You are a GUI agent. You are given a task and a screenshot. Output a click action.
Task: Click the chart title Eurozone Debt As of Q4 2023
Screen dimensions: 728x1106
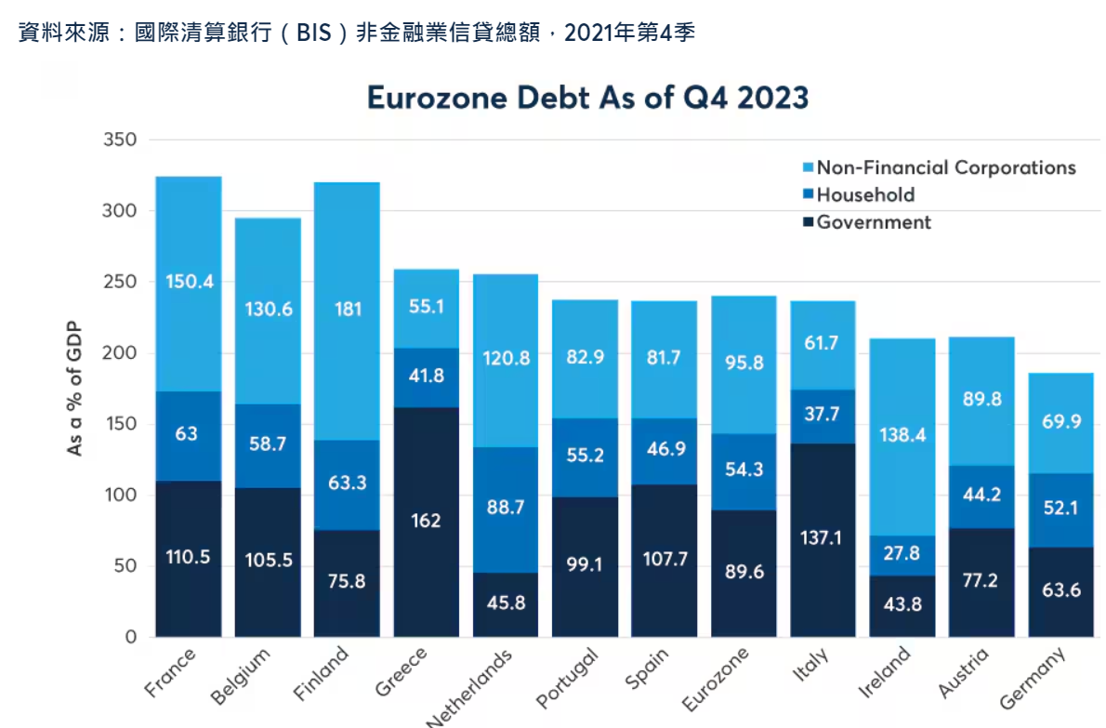coord(587,98)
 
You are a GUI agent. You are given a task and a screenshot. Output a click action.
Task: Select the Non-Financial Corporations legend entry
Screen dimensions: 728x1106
coord(945,168)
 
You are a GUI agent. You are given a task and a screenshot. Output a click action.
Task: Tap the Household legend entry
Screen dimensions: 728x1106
coord(864,195)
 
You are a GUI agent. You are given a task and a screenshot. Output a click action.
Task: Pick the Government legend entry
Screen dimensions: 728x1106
coord(873,222)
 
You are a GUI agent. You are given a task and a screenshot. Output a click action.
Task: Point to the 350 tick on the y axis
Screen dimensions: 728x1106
coord(120,140)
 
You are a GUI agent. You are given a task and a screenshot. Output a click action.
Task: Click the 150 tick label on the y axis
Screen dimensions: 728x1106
coord(120,425)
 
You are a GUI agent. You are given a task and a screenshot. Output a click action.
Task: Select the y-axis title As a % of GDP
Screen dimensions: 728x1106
coord(75,389)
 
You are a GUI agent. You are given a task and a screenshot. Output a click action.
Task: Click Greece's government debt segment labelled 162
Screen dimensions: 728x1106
coord(426,521)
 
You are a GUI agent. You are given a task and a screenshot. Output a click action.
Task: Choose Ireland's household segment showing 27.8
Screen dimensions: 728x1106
coord(902,553)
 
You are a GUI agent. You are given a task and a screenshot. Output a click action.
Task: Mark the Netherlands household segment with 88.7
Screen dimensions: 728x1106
coord(506,507)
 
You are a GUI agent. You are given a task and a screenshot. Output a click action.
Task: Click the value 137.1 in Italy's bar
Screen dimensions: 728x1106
coord(823,537)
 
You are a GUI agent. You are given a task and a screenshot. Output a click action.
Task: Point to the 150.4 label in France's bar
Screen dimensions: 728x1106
coord(188,281)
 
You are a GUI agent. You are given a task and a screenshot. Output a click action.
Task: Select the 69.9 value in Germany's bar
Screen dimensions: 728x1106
coord(1060,422)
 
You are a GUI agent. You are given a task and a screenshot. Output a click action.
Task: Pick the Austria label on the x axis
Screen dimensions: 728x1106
coord(964,673)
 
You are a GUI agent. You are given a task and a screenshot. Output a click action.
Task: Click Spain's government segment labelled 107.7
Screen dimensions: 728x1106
coord(664,561)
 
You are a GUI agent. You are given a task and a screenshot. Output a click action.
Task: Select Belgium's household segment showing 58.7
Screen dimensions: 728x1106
coord(268,444)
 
